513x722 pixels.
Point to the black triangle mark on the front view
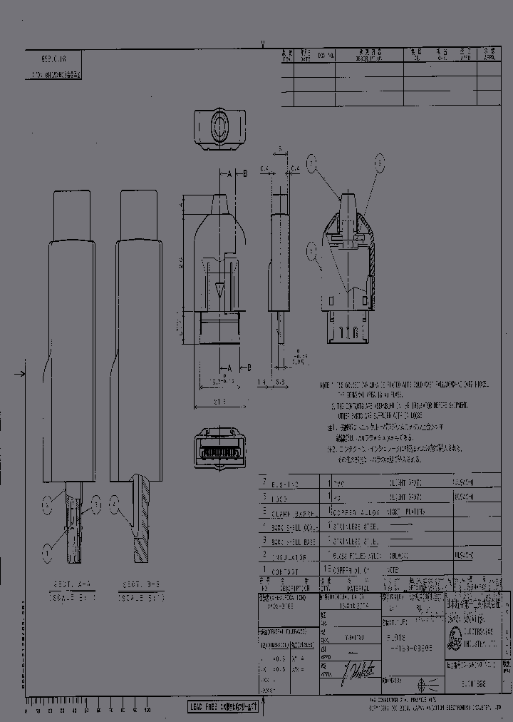pos(219,290)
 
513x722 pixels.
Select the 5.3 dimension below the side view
pos(280,383)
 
